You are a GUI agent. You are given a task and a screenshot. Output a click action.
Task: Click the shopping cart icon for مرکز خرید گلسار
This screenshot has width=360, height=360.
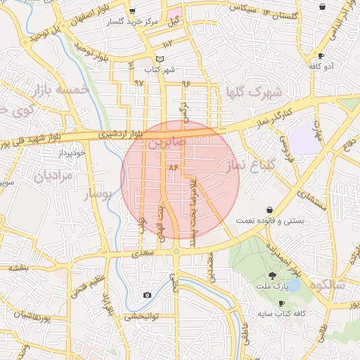133,12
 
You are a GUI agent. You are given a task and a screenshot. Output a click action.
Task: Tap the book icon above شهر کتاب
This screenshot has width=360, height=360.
160,58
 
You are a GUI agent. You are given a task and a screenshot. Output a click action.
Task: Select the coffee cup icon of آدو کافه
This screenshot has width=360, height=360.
321,56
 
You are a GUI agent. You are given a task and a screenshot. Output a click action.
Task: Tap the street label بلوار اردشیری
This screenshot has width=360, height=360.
120,132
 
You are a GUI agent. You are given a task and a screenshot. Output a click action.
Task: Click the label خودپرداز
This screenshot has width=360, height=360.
72,152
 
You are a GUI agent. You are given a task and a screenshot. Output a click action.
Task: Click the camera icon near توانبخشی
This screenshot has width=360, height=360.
147,295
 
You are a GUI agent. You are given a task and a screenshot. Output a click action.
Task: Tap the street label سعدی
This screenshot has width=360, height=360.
143,251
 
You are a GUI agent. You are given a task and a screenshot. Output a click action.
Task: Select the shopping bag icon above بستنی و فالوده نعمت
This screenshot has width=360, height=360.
270,210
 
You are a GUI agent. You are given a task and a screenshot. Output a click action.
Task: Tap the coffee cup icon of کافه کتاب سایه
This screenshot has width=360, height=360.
282,303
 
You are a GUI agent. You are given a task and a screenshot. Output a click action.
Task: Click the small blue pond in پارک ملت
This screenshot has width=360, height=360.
291,285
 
